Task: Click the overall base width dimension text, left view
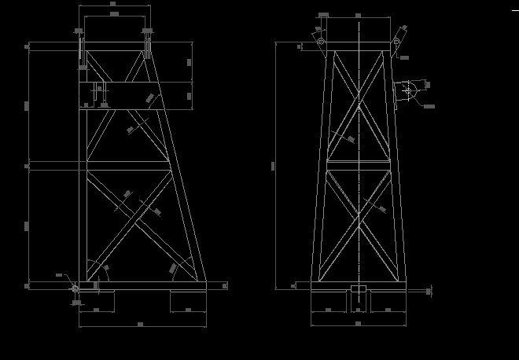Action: (x=140, y=324)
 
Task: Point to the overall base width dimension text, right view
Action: (x=358, y=324)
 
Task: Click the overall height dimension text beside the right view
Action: (x=273, y=165)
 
